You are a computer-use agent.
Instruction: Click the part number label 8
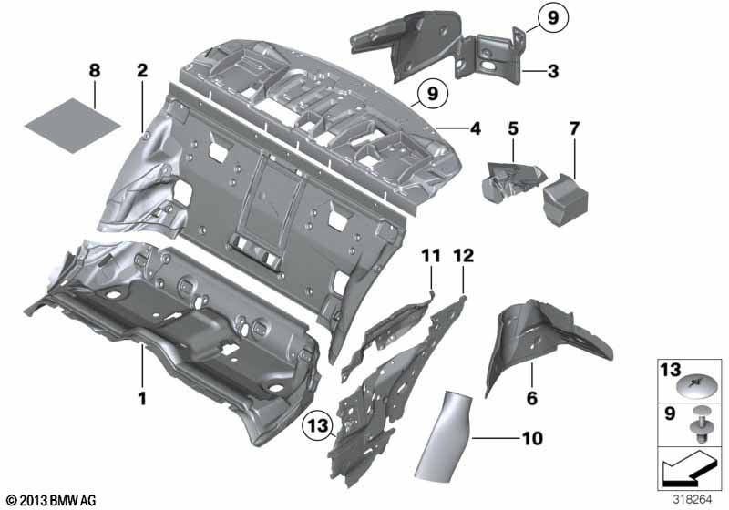coord(95,71)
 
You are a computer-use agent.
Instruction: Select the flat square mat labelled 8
coord(73,125)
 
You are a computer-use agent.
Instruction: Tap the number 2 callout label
coord(142,71)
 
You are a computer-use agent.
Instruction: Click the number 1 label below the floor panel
coord(142,398)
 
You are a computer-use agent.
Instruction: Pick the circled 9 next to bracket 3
coord(553,17)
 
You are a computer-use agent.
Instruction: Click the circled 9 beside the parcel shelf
coord(433,94)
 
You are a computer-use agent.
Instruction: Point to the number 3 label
coord(553,72)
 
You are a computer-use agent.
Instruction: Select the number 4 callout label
coord(475,128)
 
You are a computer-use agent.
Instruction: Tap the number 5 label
coord(513,128)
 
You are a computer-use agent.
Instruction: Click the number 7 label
coord(575,128)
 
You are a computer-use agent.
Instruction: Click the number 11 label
coord(431,256)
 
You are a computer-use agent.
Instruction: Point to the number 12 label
coord(464,256)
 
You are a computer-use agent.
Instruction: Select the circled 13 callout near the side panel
coord(318,425)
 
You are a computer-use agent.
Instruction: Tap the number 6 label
coord(532,398)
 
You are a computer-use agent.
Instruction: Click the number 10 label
coord(532,438)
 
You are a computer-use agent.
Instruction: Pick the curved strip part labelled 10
coord(443,435)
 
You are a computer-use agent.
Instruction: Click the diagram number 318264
coord(693,500)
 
